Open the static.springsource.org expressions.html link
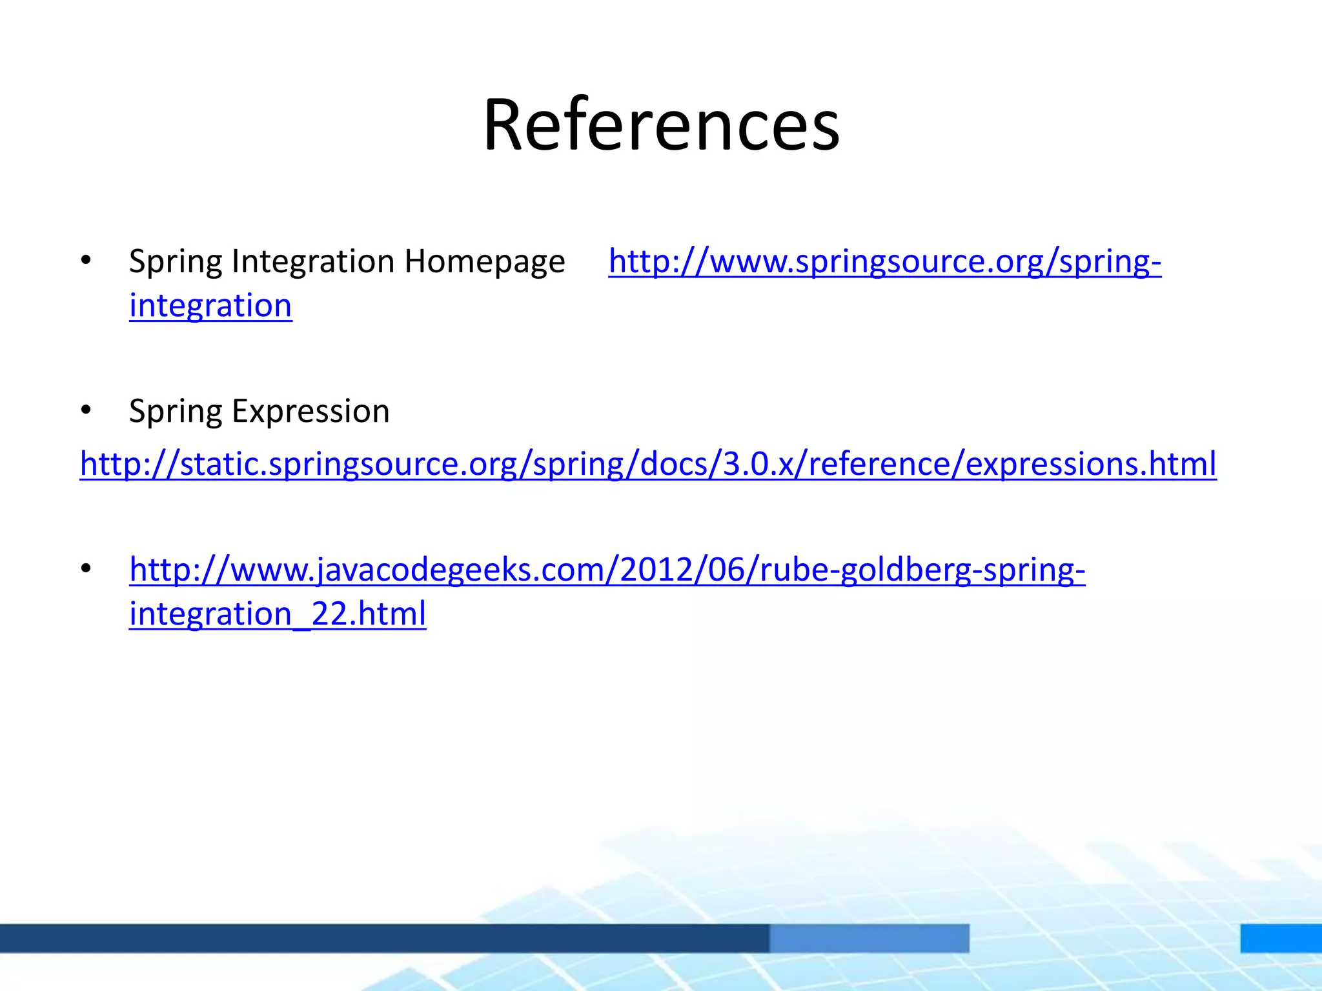click(x=648, y=464)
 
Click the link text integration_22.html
click(x=278, y=614)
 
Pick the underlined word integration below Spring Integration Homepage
click(x=210, y=306)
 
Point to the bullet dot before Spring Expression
click(x=86, y=410)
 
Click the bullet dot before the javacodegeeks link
click(x=86, y=568)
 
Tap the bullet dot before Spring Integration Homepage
click(x=86, y=261)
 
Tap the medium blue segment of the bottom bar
click(x=869, y=937)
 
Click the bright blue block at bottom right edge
click(x=1281, y=937)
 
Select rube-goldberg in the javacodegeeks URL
click(x=865, y=570)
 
